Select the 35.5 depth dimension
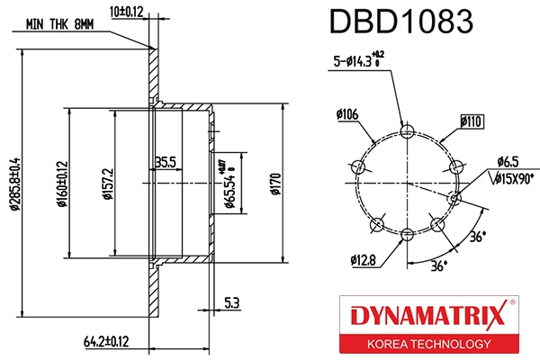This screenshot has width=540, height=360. [x=165, y=162]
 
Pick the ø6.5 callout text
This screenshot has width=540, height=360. [x=508, y=163]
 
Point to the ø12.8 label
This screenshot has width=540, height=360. [x=364, y=260]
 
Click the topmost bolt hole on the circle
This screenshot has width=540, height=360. [x=407, y=132]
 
